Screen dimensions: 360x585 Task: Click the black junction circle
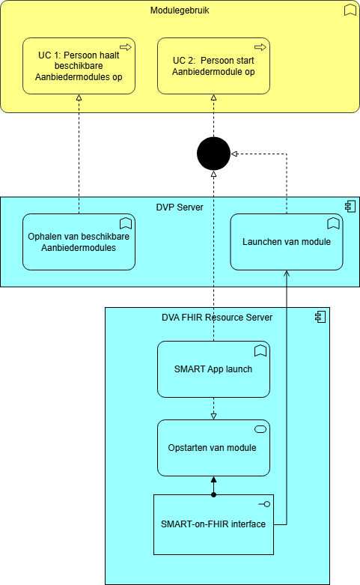(213, 154)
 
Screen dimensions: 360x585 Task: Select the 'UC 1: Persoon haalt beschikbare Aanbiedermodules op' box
(79, 66)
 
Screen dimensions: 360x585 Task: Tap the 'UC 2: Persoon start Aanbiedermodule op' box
(213, 66)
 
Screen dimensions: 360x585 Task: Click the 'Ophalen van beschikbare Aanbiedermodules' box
(79, 242)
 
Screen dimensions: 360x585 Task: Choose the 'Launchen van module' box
(287, 242)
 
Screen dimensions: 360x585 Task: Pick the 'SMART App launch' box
(213, 369)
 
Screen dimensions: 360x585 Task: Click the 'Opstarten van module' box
(213, 448)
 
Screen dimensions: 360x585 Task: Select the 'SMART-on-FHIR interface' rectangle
(213, 524)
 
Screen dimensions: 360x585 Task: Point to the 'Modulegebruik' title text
(180, 10)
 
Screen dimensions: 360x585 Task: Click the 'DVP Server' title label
(180, 207)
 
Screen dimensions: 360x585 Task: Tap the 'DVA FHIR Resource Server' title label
(217, 317)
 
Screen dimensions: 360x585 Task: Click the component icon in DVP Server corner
(350, 206)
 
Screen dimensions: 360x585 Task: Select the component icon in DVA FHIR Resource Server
(320, 317)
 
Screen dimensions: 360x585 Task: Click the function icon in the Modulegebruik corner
(350, 10)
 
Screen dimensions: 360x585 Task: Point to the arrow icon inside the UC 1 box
(126, 47)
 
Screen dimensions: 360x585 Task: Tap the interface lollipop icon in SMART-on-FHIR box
(265, 504)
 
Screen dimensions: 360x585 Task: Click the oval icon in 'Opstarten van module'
(260, 429)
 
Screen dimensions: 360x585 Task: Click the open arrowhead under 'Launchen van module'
(287, 273)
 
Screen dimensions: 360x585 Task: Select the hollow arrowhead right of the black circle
(234, 154)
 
